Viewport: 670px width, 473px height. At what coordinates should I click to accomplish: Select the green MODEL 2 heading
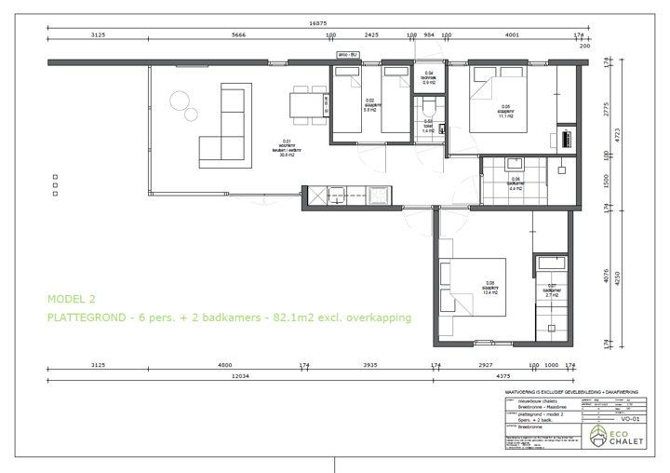click(72, 299)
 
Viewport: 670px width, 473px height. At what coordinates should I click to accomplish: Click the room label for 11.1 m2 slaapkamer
click(505, 112)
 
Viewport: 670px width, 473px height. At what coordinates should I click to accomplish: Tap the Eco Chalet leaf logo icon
click(596, 435)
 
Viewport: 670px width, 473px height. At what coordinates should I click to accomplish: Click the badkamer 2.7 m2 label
click(551, 290)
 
